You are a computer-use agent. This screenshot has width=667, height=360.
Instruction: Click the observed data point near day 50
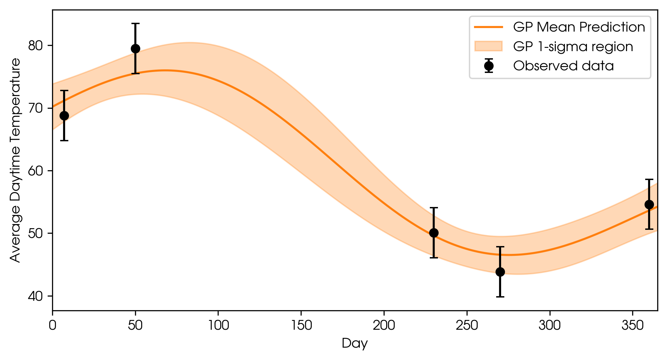[135, 48]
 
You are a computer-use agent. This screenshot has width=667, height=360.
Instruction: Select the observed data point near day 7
[64, 116]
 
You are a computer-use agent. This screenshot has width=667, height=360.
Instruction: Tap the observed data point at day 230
[434, 233]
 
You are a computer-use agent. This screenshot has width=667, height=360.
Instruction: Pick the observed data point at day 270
[500, 272]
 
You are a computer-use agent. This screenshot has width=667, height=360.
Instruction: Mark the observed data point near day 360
[649, 204]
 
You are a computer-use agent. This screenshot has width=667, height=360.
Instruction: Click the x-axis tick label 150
[301, 325]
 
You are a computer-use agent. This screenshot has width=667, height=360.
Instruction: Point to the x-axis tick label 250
[467, 325]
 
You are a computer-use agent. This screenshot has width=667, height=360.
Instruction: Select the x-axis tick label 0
[53, 325]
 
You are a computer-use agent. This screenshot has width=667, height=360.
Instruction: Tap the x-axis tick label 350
[633, 325]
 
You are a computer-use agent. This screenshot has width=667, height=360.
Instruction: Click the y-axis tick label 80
[36, 46]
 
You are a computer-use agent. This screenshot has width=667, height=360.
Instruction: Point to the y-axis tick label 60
[36, 171]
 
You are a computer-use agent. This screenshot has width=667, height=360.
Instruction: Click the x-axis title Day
[355, 344]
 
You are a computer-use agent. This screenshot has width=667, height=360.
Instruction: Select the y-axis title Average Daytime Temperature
[15, 160]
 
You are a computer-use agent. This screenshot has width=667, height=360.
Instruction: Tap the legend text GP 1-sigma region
[573, 47]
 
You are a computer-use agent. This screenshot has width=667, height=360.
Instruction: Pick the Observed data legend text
[564, 66]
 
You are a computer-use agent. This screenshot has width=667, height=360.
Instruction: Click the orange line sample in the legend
[488, 27]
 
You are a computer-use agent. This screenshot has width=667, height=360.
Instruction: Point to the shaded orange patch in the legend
[488, 46]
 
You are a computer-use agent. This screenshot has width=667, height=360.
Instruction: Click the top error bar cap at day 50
[135, 23]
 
